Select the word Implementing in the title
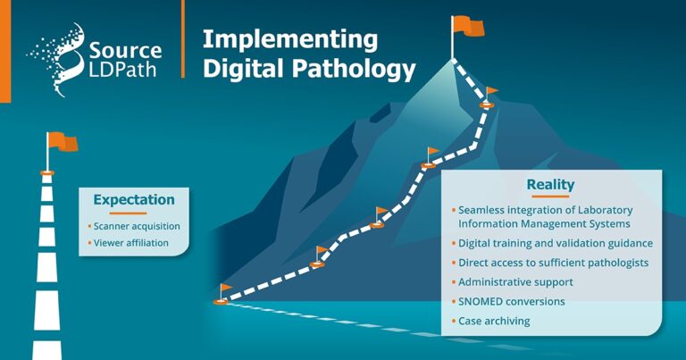point(276,39)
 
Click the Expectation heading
point(134,199)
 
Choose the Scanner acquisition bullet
point(137,226)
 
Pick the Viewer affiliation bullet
point(131,242)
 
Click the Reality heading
point(550,185)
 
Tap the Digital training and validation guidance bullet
point(555,243)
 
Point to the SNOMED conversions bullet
point(511,301)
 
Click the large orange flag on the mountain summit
point(469,26)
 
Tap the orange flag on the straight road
point(63,141)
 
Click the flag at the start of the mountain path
point(225,289)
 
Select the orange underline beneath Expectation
point(134,213)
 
